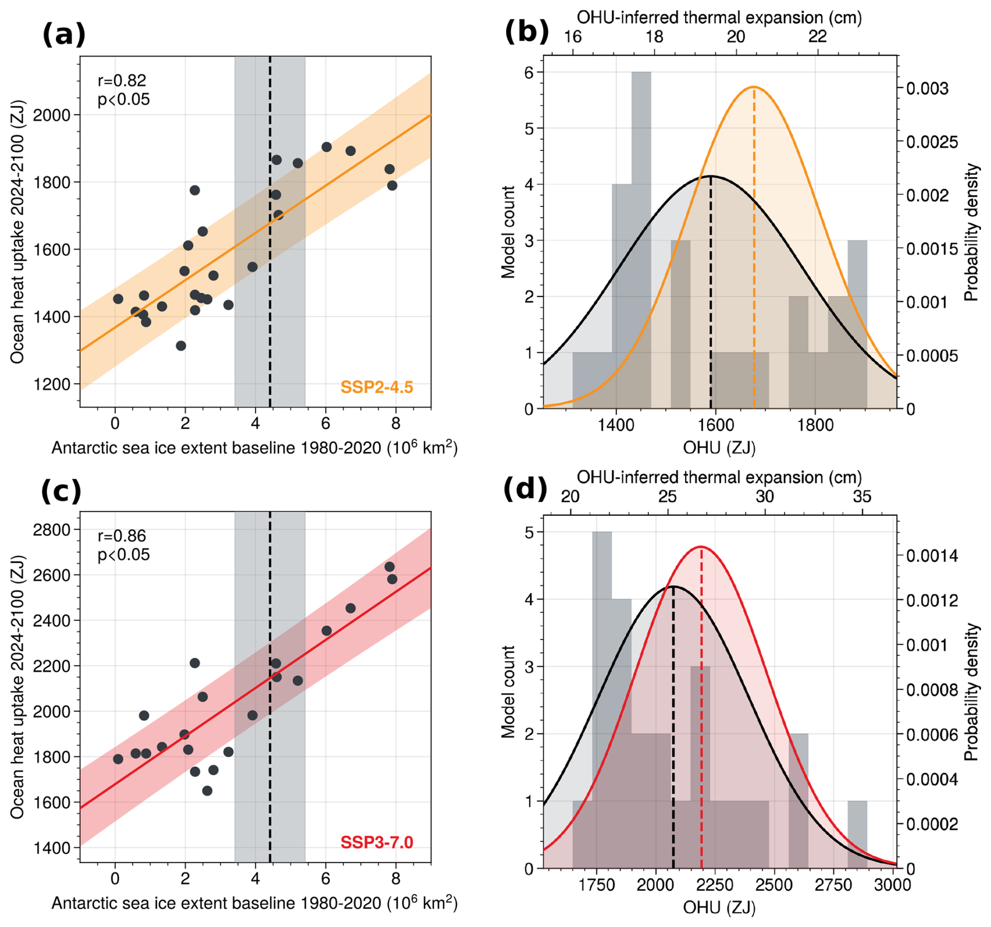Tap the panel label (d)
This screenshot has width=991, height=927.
[x=525, y=489]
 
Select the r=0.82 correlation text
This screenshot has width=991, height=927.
[x=122, y=81]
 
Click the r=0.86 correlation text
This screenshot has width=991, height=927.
[x=122, y=536]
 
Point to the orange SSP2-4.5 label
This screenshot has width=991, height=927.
[x=377, y=387]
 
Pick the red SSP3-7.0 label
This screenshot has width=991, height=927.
[x=377, y=842]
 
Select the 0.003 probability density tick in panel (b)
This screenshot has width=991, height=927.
[x=927, y=89]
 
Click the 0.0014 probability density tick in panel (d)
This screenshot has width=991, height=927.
[x=932, y=555]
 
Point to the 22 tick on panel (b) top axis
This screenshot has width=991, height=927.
[x=817, y=37]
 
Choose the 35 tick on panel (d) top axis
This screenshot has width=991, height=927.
[x=862, y=496]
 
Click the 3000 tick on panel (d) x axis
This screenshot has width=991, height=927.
[x=893, y=885]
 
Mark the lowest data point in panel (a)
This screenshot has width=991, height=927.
[x=181, y=346]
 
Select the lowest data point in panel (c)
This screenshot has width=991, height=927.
[x=207, y=791]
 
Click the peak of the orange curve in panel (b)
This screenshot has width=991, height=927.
[x=754, y=87]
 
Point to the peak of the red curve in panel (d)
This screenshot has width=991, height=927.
[x=701, y=547]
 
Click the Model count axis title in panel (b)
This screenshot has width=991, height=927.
[x=508, y=231]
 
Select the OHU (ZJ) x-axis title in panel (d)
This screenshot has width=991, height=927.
[x=719, y=907]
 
